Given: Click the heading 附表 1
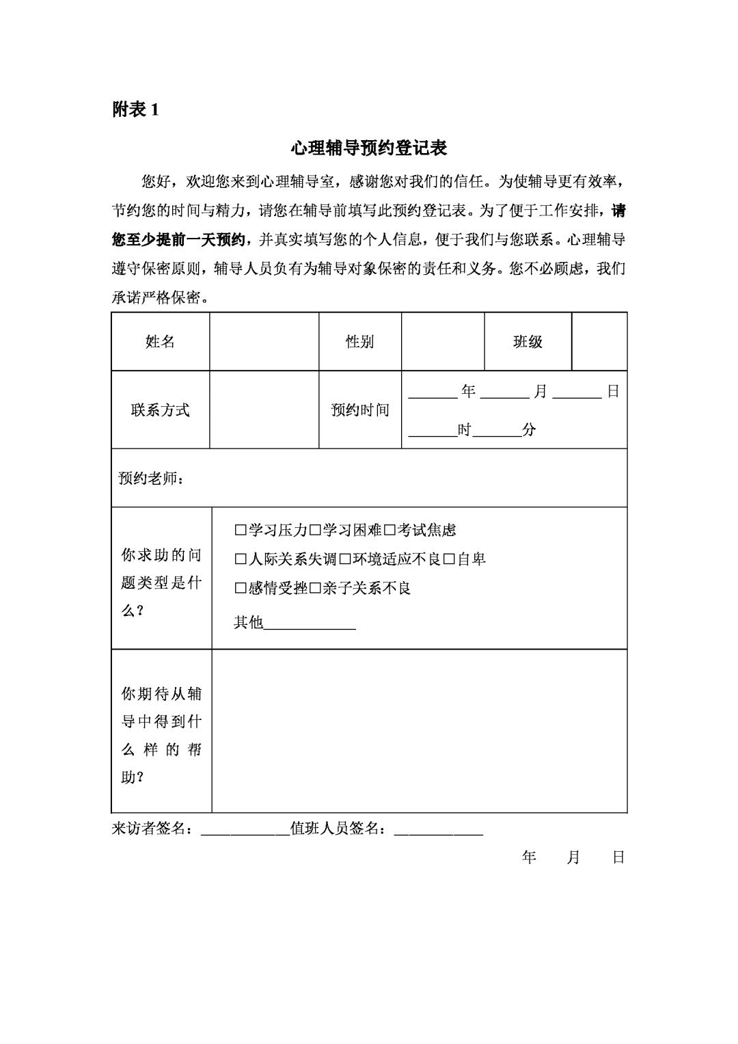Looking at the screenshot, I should (x=135, y=109).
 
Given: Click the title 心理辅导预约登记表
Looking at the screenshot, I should (x=368, y=148).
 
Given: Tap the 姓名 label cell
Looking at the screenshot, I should (x=161, y=342).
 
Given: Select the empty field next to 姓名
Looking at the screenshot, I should (x=264, y=342).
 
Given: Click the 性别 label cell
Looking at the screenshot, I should (x=359, y=342).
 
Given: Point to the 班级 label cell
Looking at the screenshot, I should (x=528, y=342).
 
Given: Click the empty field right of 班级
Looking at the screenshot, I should (x=599, y=342).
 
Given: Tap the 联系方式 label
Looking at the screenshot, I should (x=161, y=410).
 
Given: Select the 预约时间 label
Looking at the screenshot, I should (x=359, y=410).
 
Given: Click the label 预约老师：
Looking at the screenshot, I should (x=150, y=479).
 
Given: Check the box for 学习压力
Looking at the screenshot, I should (x=240, y=530).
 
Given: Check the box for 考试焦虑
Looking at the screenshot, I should (x=389, y=530).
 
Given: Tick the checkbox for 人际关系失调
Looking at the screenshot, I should (x=240, y=559).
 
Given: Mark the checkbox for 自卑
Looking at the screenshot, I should (x=449, y=559).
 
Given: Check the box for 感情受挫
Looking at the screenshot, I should (x=240, y=589).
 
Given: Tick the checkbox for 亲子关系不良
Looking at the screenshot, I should (x=314, y=589).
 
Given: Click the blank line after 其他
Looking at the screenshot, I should (x=310, y=623).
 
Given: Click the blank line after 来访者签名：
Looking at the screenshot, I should (x=245, y=829).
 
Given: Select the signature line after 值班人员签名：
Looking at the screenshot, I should (x=439, y=829).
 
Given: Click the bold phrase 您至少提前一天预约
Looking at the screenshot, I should (x=178, y=240).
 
